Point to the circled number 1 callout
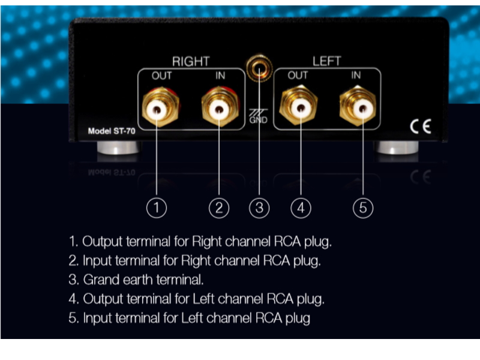tap(157, 208)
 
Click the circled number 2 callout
tap(219, 208)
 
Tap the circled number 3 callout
tap(259, 208)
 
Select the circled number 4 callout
tap(301, 208)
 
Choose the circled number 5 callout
tap(362, 208)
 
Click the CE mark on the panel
tap(420, 126)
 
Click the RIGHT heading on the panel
tap(191, 61)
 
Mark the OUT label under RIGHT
tap(161, 76)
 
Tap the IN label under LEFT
tap(356, 76)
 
